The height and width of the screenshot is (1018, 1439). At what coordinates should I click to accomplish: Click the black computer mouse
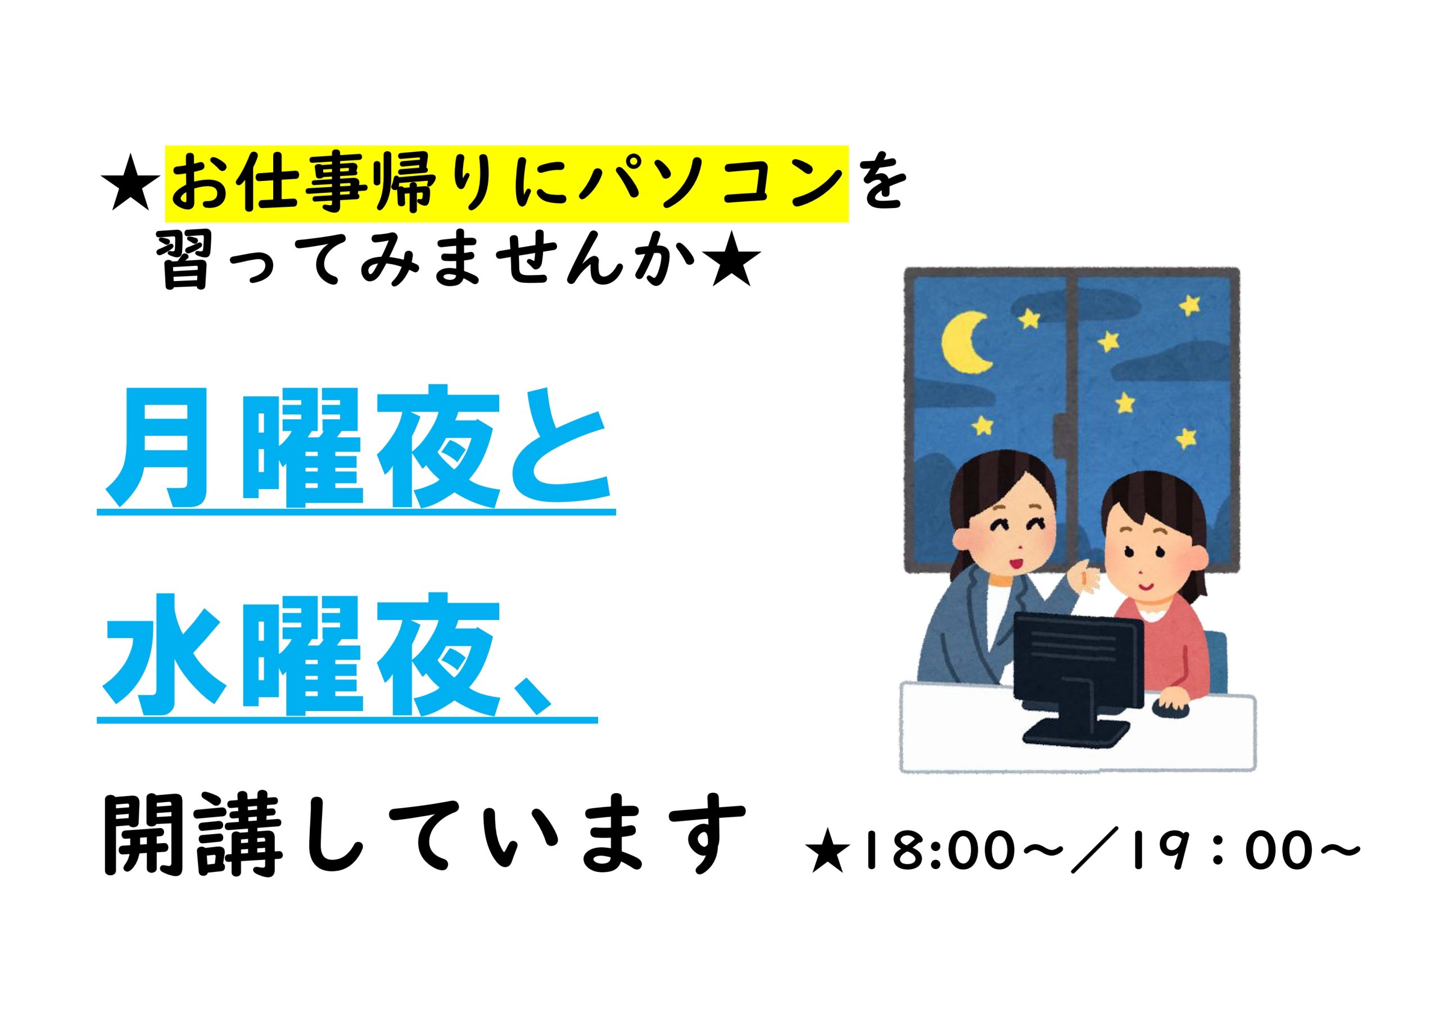pyautogui.click(x=1171, y=709)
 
